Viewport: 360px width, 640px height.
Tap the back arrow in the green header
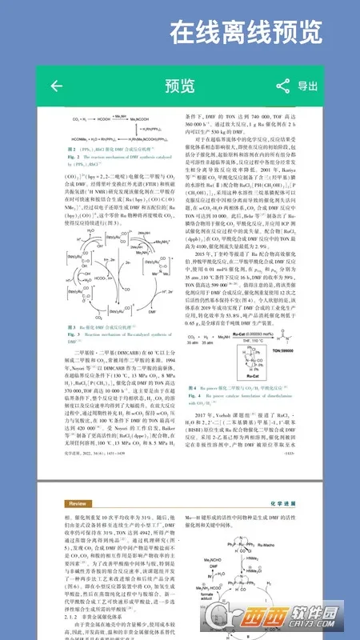pos(56,86)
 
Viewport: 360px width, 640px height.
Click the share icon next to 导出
pos(282,86)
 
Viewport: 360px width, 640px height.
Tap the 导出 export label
pos(307,86)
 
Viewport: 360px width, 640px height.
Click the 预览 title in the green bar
pos(179,86)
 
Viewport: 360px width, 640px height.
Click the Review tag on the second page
pos(78,504)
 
